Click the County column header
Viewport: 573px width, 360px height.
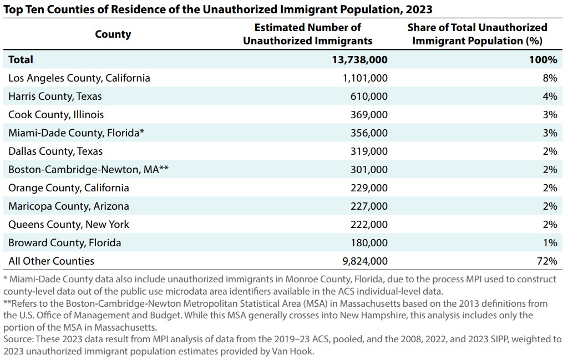pyautogui.click(x=113, y=34)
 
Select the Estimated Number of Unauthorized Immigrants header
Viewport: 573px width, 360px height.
pyautogui.click(x=307, y=34)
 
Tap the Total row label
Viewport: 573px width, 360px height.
pyautogui.click(x=21, y=59)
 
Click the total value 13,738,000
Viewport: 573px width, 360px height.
pyautogui.click(x=356, y=59)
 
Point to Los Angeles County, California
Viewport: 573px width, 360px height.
pyautogui.click(x=79, y=78)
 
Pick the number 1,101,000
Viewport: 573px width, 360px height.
pyautogui.click(x=365, y=78)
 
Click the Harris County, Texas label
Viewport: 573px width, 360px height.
pyautogui.click(x=55, y=96)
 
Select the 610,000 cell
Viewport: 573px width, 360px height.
pyautogui.click(x=369, y=96)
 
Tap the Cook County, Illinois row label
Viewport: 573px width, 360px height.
pyautogui.click(x=56, y=114)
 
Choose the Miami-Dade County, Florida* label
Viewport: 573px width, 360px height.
pyautogui.click(x=77, y=133)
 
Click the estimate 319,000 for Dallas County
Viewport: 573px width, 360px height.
pyautogui.click(x=369, y=151)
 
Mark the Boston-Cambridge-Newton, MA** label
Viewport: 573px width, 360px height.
pyautogui.click(x=88, y=169)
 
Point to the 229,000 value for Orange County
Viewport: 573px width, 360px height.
pyautogui.click(x=369, y=187)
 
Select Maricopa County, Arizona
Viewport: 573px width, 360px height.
pyautogui.click(x=68, y=206)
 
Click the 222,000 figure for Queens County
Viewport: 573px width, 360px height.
pyautogui.click(x=369, y=224)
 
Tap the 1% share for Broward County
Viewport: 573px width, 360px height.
pyautogui.click(x=550, y=242)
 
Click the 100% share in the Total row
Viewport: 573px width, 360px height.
pyautogui.click(x=544, y=59)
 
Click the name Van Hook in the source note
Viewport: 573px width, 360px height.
pyautogui.click(x=299, y=351)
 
